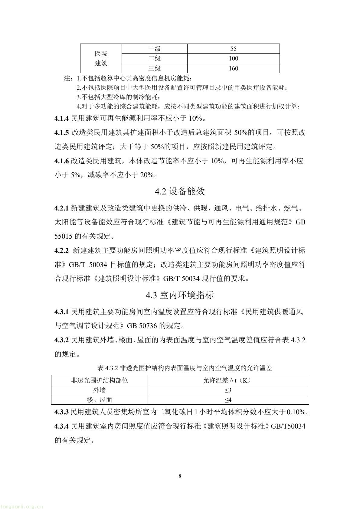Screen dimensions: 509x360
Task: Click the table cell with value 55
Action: coord(233,49)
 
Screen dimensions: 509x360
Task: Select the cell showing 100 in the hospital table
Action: coord(233,58)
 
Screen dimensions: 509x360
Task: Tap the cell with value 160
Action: coord(233,68)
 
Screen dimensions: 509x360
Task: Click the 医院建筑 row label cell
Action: coord(101,58)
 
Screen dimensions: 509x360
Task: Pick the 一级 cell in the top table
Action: coord(154,49)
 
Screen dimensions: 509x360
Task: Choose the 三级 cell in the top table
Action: coord(154,68)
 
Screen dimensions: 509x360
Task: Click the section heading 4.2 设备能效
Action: coord(180,191)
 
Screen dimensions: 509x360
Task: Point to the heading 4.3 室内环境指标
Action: coord(180,295)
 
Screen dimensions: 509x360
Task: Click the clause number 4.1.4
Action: coord(62,118)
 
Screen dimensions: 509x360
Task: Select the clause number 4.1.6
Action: coord(62,161)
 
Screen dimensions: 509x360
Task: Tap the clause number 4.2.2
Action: coord(62,250)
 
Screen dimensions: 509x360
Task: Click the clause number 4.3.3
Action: coord(62,412)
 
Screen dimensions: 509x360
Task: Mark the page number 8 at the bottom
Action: coord(180,476)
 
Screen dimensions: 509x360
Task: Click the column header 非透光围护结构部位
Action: coord(100,380)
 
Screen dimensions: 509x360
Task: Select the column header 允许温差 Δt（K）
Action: coord(228,380)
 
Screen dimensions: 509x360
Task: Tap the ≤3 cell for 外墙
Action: coord(228,390)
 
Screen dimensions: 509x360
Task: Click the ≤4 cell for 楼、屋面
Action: coord(228,400)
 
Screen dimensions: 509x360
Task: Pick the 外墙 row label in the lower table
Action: coord(100,390)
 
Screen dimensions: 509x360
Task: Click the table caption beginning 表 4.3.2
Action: coord(180,368)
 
